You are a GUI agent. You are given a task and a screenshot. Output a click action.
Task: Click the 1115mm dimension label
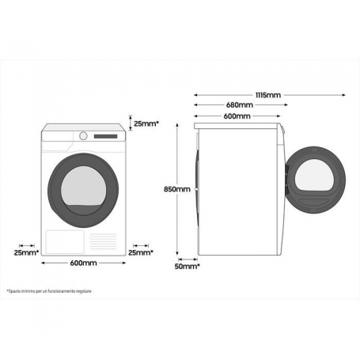coord(266,95)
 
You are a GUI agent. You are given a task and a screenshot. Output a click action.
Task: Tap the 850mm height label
coord(176,189)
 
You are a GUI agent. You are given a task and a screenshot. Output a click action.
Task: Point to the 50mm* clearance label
coord(188,267)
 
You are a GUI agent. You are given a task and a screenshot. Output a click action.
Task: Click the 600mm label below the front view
coord(83,263)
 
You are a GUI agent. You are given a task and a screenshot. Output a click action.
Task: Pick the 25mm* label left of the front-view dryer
coord(26,252)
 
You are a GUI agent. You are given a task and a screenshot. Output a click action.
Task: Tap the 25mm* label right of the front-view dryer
coord(141,252)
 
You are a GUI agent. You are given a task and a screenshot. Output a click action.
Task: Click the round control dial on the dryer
coord(82,135)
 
